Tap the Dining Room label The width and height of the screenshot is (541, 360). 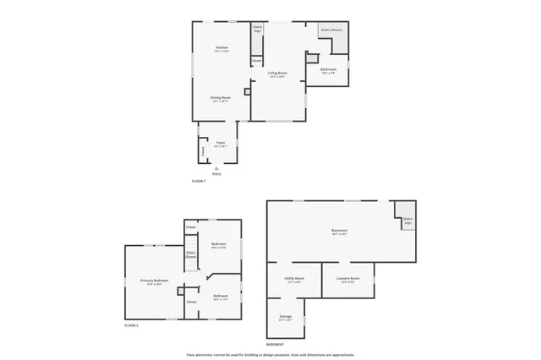point(221,98)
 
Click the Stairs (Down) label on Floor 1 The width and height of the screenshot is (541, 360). point(331,30)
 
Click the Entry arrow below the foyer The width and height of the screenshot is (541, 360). point(216,169)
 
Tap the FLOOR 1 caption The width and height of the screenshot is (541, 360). point(199,182)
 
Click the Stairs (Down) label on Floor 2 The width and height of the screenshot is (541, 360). point(191,254)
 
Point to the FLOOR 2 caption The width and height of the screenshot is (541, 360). point(131,325)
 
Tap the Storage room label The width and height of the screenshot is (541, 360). point(286,317)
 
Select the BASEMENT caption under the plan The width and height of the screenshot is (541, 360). point(276,345)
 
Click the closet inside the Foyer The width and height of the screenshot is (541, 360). point(203,151)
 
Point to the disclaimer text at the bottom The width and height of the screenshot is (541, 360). point(270,354)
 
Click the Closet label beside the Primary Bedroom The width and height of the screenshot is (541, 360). point(191,302)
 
